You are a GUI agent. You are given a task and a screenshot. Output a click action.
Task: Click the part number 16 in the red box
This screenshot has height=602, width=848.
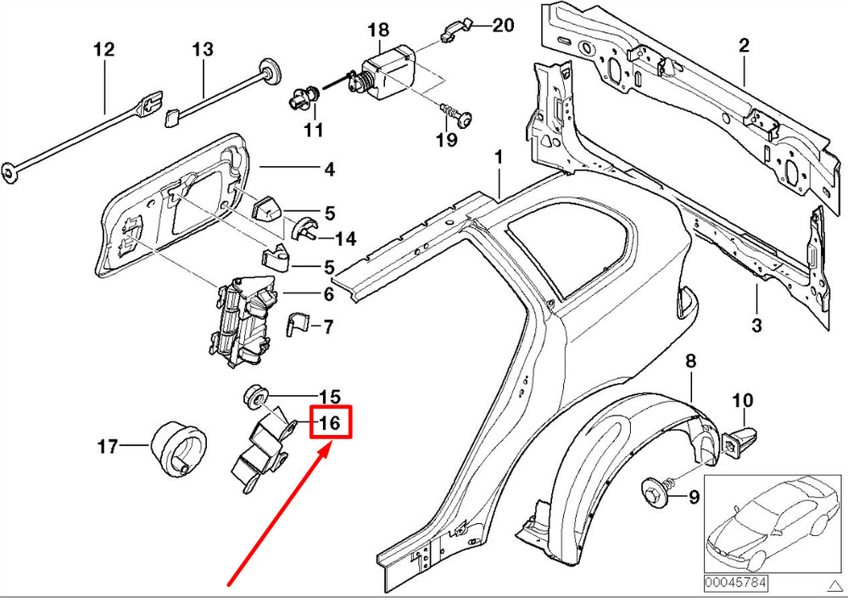(x=330, y=421)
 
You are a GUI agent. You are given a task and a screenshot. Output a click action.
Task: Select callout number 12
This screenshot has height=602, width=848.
(x=103, y=50)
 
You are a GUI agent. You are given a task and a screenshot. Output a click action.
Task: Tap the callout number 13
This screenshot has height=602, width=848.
(x=202, y=50)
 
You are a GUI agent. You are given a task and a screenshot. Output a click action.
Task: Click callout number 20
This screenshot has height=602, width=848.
(x=503, y=25)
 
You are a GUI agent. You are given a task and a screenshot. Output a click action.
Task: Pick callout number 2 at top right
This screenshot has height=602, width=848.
(x=744, y=46)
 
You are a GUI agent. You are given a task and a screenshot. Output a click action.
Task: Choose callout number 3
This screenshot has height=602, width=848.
(x=756, y=325)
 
